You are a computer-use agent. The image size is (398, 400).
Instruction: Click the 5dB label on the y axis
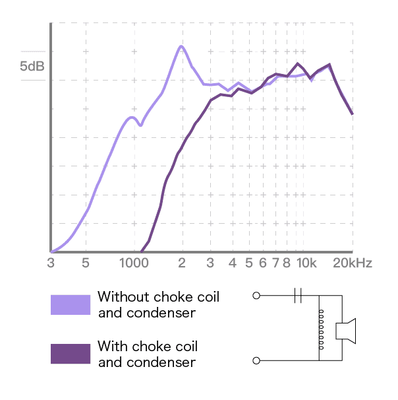pos(32,67)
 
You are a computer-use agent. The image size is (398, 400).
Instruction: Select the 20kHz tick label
pos(352,263)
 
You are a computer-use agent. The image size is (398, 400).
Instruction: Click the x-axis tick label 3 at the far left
pos(51,263)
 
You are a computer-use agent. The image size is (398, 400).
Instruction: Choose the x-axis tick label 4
pos(232,263)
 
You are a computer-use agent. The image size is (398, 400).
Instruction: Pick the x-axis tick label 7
pos(275,263)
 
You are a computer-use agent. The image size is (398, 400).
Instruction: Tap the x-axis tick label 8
pos(287,263)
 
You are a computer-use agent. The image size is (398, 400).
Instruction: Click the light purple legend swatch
pos(71,304)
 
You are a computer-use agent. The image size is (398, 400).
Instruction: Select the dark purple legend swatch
pos(71,354)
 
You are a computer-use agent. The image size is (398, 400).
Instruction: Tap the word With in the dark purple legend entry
pos(112,347)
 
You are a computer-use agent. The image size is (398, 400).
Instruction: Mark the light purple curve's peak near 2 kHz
pos(181,46)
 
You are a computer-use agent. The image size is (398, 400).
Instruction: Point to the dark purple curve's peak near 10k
pos(298,63)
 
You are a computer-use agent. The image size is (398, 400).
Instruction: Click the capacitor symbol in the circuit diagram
pos(298,296)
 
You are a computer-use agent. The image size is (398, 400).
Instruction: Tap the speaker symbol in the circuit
pos(346,329)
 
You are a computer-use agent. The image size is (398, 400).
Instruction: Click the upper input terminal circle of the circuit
pos(256,296)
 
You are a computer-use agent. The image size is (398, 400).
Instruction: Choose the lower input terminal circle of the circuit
pos(256,360)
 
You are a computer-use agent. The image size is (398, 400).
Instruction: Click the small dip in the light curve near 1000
pos(140,124)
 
